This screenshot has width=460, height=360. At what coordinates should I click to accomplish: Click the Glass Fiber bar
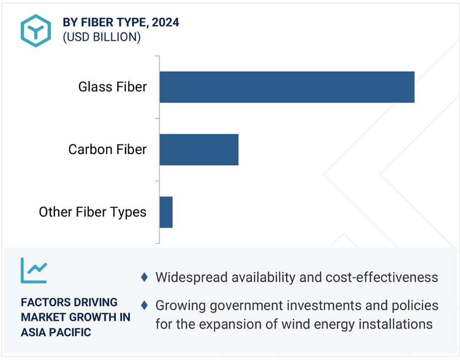pyautogui.click(x=287, y=87)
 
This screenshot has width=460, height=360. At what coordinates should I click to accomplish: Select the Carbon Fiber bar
pyautogui.click(x=199, y=149)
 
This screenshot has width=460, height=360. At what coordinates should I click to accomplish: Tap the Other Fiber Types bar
pyautogui.click(x=166, y=212)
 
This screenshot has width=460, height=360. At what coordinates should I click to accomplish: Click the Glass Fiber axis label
pyautogui.click(x=113, y=87)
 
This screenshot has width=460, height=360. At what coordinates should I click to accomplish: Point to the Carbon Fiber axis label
pyautogui.click(x=107, y=149)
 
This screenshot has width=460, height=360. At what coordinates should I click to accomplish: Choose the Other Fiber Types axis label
pyautogui.click(x=92, y=213)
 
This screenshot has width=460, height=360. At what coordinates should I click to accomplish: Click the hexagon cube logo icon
pyautogui.click(x=36, y=31)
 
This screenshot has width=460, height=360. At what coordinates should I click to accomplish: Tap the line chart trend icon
pyautogui.click(x=34, y=271)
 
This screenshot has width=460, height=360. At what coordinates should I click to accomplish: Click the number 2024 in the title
pyautogui.click(x=165, y=22)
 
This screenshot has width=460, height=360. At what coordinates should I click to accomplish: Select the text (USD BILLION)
pyautogui.click(x=102, y=37)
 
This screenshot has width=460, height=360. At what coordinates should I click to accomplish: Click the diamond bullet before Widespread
pyautogui.click(x=144, y=277)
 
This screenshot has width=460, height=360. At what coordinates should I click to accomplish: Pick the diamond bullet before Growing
pyautogui.click(x=144, y=305)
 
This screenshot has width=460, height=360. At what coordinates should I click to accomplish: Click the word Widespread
pyautogui.click(x=192, y=278)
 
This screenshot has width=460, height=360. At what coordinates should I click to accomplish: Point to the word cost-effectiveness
pyautogui.click(x=382, y=277)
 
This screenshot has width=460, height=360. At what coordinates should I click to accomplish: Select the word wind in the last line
pyautogui.click(x=293, y=324)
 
